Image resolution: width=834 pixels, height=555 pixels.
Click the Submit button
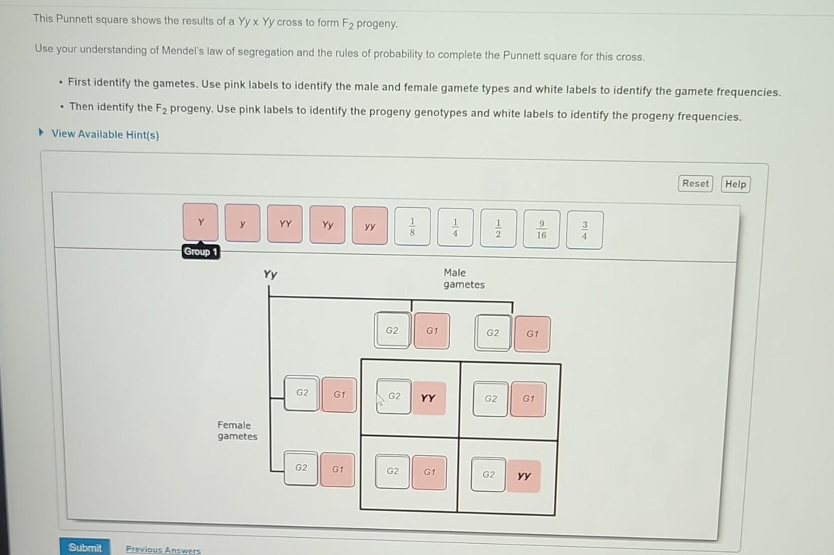(x=85, y=547)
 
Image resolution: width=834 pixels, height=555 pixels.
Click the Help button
(x=735, y=184)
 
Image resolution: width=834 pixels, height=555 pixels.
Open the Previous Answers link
(x=163, y=549)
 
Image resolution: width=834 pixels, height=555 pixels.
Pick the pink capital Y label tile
(x=201, y=223)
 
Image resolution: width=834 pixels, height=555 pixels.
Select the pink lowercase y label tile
(x=243, y=224)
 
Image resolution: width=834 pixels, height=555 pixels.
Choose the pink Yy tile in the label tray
(x=328, y=225)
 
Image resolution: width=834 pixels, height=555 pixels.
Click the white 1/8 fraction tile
(x=412, y=227)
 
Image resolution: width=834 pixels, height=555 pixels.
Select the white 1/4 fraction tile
(x=455, y=228)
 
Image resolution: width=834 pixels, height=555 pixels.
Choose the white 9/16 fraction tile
(x=541, y=230)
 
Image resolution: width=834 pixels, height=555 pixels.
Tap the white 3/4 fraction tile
(x=584, y=230)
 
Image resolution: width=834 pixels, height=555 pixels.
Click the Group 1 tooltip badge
(x=201, y=252)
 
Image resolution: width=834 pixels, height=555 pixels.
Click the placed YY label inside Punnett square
(x=428, y=398)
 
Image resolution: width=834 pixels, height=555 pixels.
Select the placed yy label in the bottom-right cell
(x=523, y=476)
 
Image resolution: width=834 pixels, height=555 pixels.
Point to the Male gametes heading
(x=463, y=279)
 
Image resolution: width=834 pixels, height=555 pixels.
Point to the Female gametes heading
(x=237, y=431)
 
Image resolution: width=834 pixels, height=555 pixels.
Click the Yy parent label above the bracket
(x=270, y=274)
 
